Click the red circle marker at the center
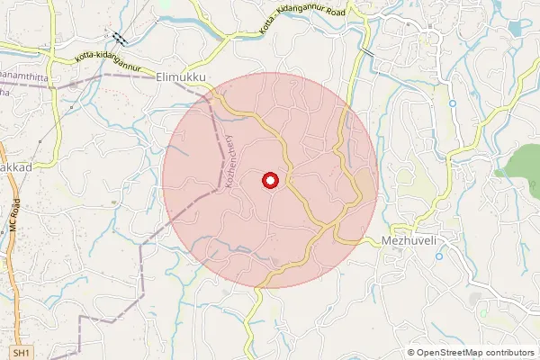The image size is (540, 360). click(269, 181)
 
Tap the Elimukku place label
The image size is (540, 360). click(181, 78)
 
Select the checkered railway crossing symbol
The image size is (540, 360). click(119, 38)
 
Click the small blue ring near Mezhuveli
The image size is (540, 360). click(438, 256)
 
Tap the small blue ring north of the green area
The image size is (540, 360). click(452, 103)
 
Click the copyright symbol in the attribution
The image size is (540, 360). click(411, 353)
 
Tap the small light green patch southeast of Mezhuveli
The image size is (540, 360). click(483, 312)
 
